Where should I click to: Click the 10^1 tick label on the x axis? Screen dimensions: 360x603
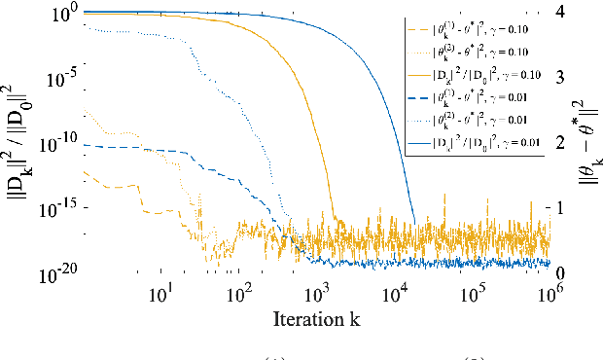coord(162,293)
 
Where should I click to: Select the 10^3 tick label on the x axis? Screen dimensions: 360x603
coord(317,293)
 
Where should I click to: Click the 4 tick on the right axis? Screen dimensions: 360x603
coord(561,11)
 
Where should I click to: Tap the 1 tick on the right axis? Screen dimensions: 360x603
coord(561,207)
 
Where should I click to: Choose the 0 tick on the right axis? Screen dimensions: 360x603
coord(561,272)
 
